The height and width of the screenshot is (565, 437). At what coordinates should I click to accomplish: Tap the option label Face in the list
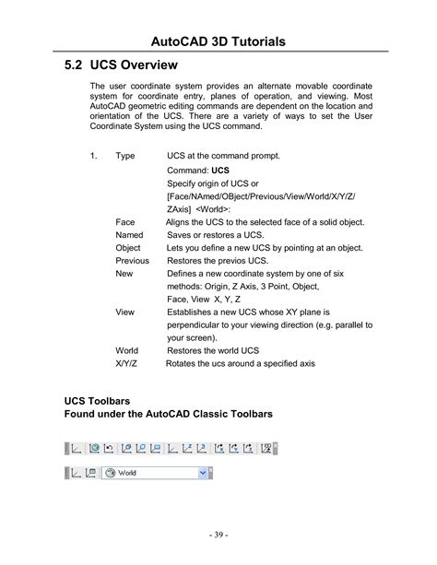[124, 222]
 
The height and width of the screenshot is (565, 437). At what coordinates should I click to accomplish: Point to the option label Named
[129, 235]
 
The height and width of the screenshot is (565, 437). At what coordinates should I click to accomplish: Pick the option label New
[124, 274]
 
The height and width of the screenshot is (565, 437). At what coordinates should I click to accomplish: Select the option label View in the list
[124, 312]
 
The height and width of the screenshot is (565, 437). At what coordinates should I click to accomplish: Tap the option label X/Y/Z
[127, 364]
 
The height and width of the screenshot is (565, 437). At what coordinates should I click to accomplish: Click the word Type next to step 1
[125, 157]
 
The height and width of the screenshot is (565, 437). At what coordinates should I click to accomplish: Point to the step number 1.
[93, 157]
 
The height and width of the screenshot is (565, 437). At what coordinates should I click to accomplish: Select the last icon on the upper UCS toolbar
[266, 449]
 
